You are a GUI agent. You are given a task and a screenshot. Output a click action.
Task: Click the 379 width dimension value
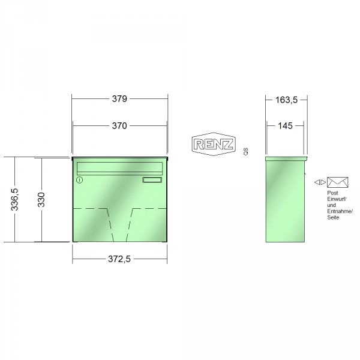point(119,99)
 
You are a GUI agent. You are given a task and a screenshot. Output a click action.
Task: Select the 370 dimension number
point(119,126)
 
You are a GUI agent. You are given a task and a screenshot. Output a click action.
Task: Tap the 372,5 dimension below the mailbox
point(119,259)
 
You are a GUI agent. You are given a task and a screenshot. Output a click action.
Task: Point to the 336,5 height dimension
point(14,200)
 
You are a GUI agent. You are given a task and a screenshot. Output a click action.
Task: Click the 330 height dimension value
point(41,200)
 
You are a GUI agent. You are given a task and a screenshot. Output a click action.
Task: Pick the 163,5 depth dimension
point(286,100)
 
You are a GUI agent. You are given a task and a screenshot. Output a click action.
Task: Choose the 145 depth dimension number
point(285,126)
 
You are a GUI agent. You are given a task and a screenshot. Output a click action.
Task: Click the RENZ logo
point(214,144)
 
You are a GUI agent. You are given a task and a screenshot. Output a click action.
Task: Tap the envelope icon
point(337,182)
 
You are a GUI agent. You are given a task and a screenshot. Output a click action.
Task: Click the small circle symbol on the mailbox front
point(79,180)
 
